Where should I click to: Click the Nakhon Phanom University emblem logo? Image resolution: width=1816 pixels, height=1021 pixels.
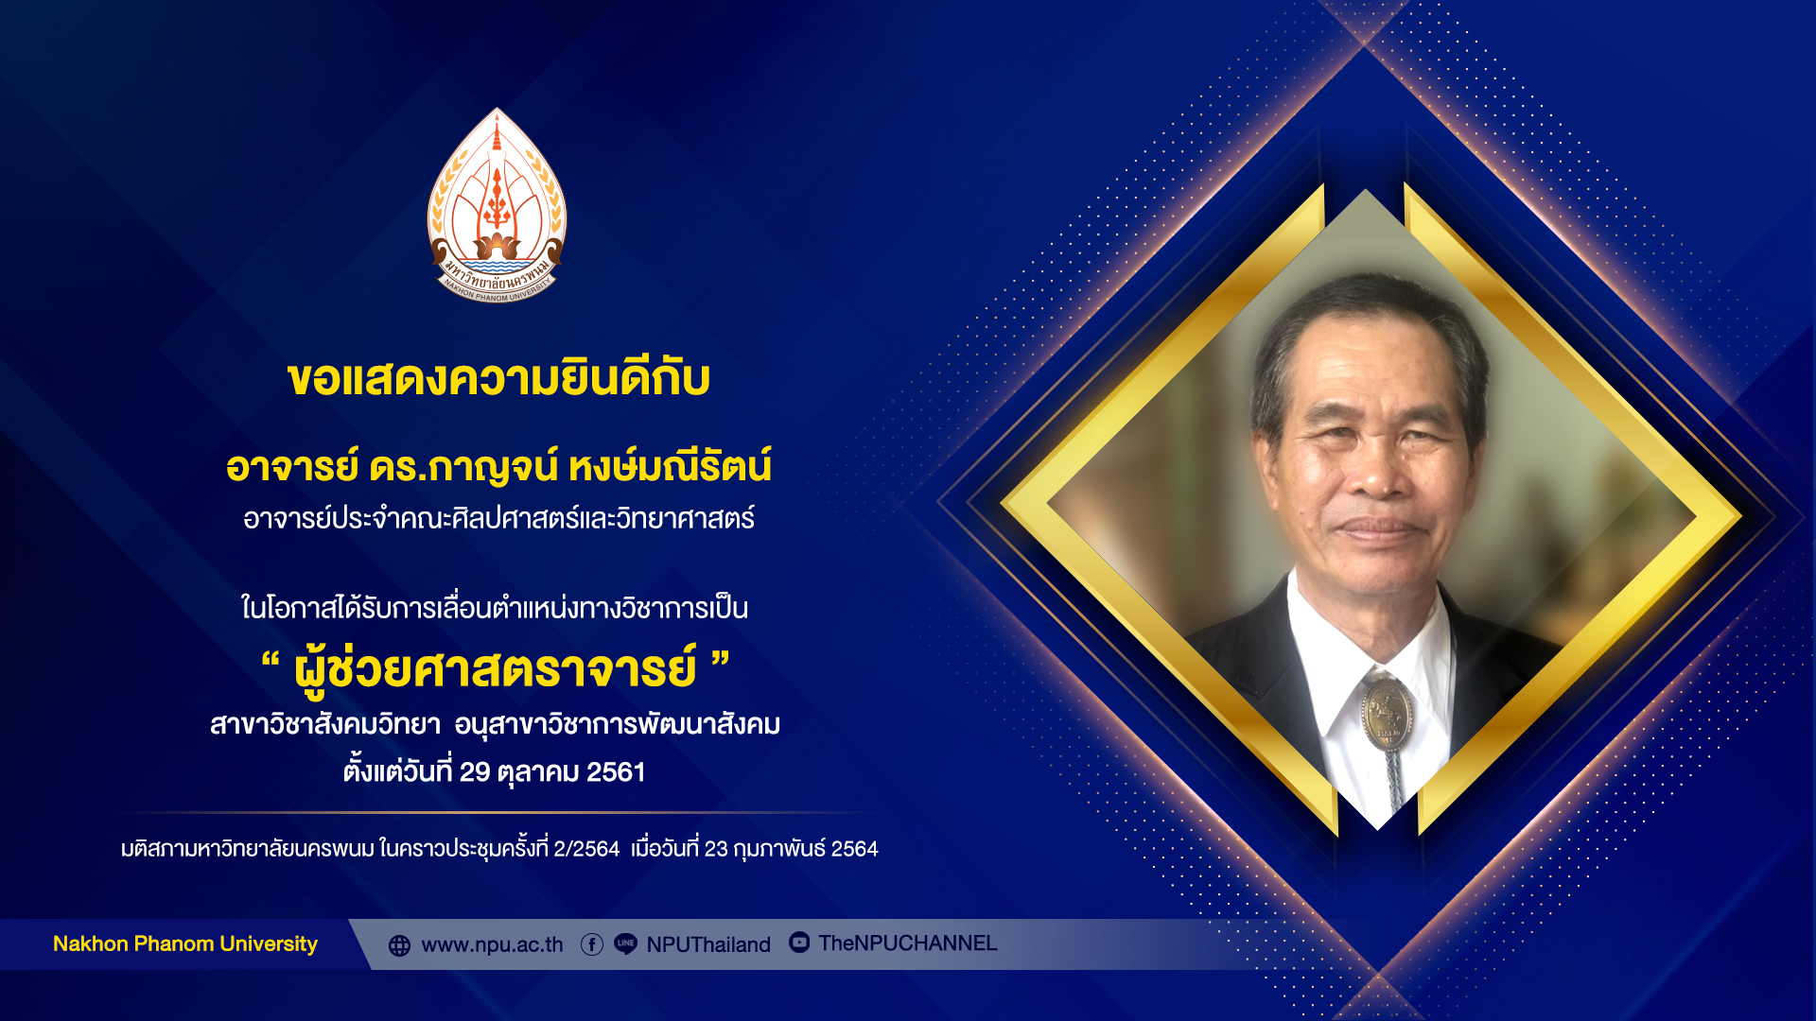pos(497,205)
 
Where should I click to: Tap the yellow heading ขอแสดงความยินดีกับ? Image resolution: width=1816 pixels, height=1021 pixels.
pos(498,379)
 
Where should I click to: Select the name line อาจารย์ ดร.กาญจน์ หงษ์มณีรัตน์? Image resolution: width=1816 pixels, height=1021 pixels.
pos(498,466)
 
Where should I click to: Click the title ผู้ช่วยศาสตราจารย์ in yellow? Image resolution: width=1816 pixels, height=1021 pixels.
pos(496,668)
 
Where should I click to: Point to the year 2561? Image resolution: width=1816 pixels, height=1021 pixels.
pos(616,772)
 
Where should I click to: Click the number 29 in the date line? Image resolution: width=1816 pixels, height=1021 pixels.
pos(475,772)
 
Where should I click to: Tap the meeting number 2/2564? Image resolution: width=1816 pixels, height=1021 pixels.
pos(586,849)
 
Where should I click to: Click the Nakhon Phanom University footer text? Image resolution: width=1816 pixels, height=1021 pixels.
pos(185,943)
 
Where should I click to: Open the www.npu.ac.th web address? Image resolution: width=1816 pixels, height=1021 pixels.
pos(492,945)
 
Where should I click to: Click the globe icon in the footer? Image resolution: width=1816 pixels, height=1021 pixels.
pos(400,945)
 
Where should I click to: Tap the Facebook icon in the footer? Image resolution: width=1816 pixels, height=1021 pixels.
pos(592,944)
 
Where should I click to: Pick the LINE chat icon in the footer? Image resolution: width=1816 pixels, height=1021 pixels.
pos(625,944)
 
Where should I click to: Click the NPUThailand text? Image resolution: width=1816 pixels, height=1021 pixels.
pos(708,945)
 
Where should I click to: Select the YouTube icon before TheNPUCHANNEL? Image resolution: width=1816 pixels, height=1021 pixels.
pos(799,943)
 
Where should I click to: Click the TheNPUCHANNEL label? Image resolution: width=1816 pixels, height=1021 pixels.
pos(908,943)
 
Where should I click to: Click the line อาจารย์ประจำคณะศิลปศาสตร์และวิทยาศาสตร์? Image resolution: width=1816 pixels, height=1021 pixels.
pos(498,518)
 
